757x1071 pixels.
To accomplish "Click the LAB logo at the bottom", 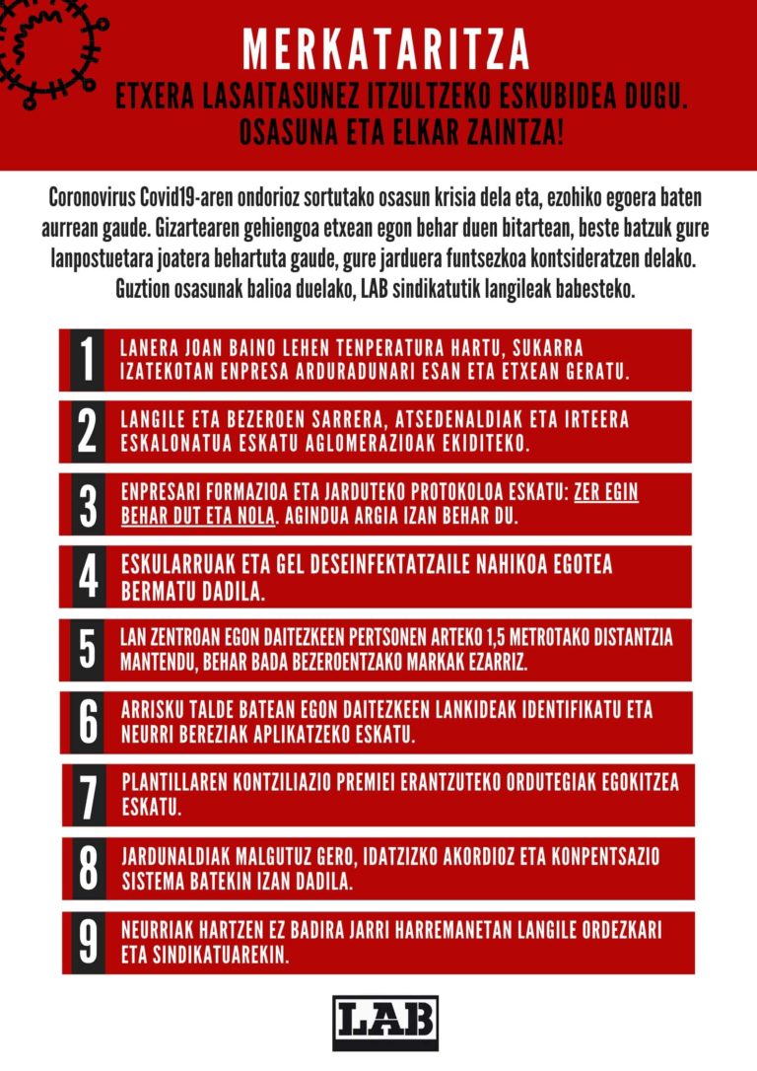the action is point(385,1022).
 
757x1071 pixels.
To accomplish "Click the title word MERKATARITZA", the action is point(386,47).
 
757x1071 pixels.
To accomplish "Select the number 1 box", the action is point(88,360).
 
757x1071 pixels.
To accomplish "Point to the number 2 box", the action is point(88,432).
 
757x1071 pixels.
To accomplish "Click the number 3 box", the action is point(88,504).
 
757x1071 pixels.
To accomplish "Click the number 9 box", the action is point(88,941).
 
